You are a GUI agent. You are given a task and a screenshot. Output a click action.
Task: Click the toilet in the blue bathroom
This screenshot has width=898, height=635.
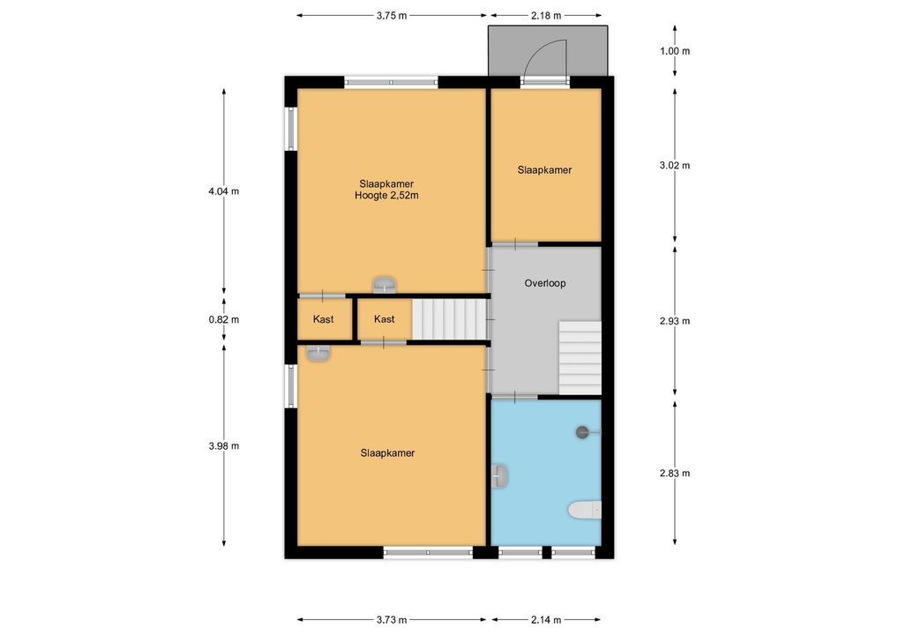click(x=585, y=510)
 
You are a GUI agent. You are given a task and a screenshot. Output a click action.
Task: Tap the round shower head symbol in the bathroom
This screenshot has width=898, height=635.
click(x=582, y=432)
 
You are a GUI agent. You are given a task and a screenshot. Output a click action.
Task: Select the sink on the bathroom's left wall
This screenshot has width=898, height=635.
click(x=500, y=476)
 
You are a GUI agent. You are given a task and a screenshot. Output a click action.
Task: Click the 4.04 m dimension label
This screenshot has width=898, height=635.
click(x=224, y=191)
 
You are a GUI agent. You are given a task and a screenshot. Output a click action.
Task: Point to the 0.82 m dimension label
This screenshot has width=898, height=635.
click(x=224, y=319)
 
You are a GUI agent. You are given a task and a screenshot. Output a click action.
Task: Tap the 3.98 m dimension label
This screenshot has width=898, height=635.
click(x=224, y=445)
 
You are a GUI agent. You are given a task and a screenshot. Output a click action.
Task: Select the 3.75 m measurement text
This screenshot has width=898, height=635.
click(x=392, y=16)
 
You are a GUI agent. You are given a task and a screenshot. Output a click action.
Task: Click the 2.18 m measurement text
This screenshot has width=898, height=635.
click(x=546, y=16)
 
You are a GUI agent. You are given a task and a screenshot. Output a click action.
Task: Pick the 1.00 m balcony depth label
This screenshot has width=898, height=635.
click(x=675, y=51)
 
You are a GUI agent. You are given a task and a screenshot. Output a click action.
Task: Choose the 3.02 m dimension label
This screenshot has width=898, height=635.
click(x=675, y=166)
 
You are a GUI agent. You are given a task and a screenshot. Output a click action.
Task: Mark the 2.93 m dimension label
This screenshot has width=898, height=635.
click(x=675, y=321)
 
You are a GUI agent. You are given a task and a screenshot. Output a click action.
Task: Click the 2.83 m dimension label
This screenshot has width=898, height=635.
click(x=675, y=473)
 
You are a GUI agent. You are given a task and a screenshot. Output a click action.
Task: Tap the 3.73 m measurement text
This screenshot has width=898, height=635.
click(x=392, y=619)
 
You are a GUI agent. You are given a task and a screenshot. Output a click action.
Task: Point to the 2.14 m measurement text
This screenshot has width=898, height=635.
click(x=546, y=619)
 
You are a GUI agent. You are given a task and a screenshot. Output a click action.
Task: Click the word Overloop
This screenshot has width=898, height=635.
click(x=545, y=283)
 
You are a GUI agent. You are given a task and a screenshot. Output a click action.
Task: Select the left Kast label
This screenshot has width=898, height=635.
click(x=323, y=319)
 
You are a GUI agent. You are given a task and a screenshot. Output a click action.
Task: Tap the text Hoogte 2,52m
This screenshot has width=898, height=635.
click(x=386, y=196)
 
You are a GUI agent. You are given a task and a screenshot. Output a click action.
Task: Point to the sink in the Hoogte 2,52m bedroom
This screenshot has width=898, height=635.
click(x=385, y=283)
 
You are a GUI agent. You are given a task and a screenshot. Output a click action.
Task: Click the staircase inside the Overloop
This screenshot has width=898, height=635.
click(x=580, y=358)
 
